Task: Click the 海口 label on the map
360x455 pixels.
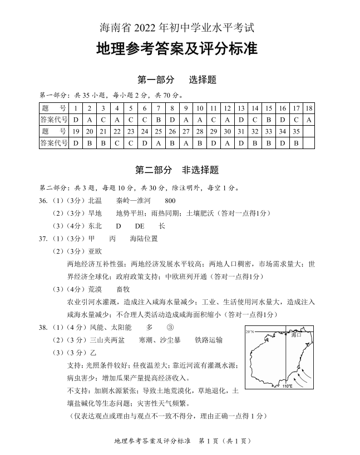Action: pos(295,335)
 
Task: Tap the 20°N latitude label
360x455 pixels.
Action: pos(250,332)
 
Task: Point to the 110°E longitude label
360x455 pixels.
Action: pos(287,385)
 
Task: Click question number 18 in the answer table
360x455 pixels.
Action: pos(309,108)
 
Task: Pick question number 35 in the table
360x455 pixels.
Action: pos(295,131)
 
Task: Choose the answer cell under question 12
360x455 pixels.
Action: pos(227,120)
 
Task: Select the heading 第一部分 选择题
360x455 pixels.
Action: pos(176,80)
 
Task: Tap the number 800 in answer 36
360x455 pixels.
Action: pos(170,200)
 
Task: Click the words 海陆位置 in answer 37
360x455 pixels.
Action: pos(144,238)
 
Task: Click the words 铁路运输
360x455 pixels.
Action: pos(209,339)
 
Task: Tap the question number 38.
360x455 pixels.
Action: pos(45,327)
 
